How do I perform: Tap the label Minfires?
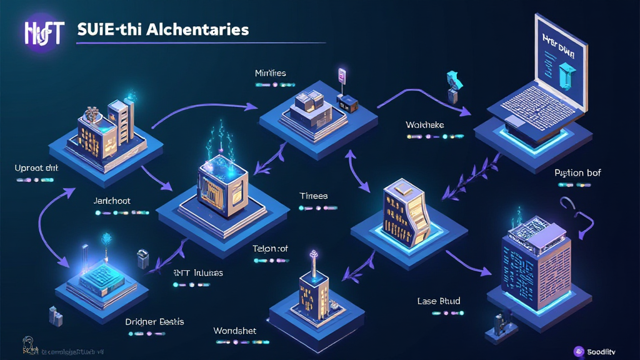271,73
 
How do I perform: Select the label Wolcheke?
424,125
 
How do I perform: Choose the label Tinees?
313,196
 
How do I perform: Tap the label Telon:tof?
270,248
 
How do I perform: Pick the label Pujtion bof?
577,172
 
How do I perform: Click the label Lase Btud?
438,301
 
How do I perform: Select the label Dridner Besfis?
154,322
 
